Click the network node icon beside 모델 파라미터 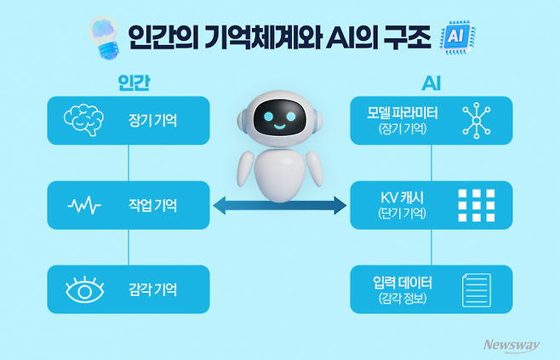point(476,120)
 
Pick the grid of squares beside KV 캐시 point(476,205)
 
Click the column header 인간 point(129,83)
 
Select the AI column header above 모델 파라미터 point(431,83)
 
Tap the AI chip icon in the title point(456,37)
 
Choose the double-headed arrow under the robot point(280,205)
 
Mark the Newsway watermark point(512,345)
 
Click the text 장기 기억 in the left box point(154,120)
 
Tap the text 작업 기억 point(154,205)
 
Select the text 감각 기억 point(154,290)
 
